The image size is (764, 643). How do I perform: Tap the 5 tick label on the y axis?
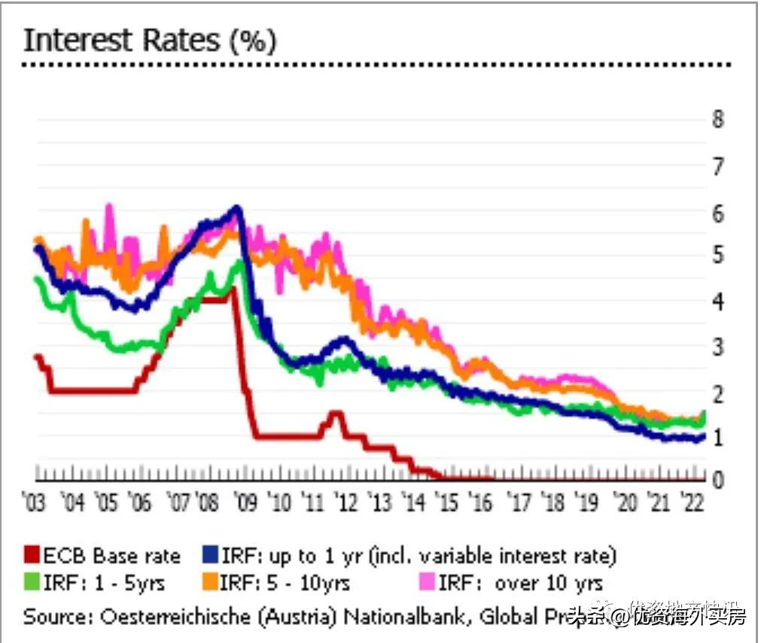pyautogui.click(x=719, y=256)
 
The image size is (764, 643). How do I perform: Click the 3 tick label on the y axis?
pyautogui.click(x=719, y=347)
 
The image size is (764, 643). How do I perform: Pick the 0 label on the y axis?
pyautogui.click(x=719, y=479)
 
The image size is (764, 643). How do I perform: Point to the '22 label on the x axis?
pyautogui.click(x=690, y=502)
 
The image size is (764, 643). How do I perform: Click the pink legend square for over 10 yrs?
pyautogui.click(x=427, y=582)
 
